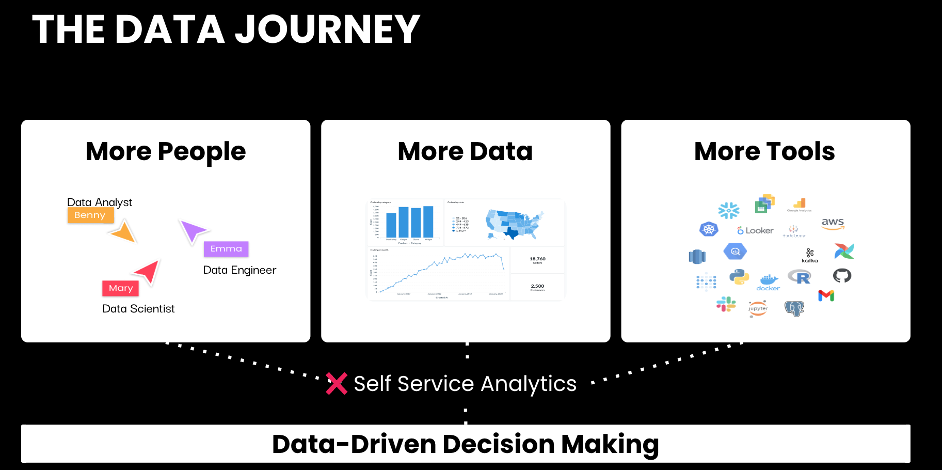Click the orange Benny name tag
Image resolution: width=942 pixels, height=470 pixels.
[x=90, y=215]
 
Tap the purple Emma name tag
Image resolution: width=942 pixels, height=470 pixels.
[x=226, y=249]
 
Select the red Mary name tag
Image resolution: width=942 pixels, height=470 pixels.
[x=121, y=288]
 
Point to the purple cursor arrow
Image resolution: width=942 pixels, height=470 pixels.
[x=193, y=230]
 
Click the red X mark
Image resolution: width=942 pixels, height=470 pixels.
[x=337, y=384]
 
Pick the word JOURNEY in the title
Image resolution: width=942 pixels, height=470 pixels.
[x=327, y=29]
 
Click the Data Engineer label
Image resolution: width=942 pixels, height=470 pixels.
[x=240, y=270]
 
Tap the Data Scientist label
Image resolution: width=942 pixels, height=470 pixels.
[x=138, y=309]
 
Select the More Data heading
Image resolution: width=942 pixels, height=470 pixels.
[x=465, y=151]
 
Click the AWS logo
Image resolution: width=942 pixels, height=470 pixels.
[x=833, y=223]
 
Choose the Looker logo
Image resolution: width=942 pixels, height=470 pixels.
[x=755, y=230]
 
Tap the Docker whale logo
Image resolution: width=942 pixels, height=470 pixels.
[x=768, y=282]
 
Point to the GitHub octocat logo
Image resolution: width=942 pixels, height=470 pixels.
[x=842, y=276]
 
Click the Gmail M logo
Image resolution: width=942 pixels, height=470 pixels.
[x=826, y=295]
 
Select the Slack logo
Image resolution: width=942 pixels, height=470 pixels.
[x=726, y=304]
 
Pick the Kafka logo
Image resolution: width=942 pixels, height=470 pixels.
[x=810, y=255]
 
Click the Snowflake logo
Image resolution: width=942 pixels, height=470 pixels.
[x=729, y=210]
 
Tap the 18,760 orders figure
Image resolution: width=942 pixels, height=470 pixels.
[x=537, y=259]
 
